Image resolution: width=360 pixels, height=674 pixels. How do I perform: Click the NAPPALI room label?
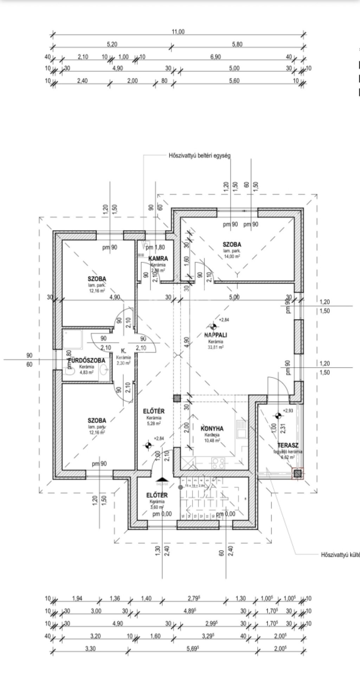pyautogui.click(x=216, y=335)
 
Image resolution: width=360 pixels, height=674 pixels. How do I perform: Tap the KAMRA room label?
pyautogui.click(x=158, y=258)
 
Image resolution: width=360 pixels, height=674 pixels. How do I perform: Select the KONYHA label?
pyautogui.click(x=212, y=429)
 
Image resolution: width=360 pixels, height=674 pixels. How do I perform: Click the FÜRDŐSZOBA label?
pyautogui.click(x=86, y=361)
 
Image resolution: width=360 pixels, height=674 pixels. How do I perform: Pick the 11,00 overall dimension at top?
pyautogui.click(x=178, y=32)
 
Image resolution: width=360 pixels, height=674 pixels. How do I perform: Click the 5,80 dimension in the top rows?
pyautogui.click(x=237, y=44)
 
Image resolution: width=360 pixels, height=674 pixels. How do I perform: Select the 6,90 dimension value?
pyautogui.click(x=216, y=57)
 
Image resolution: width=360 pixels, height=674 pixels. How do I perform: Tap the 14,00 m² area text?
pyautogui.click(x=232, y=257)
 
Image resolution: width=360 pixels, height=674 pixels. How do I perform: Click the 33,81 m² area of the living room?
pyautogui.click(x=216, y=347)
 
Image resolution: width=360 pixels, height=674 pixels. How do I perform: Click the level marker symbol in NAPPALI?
pyautogui.click(x=213, y=327)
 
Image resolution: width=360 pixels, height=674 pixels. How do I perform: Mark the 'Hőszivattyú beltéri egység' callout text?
pyautogui.click(x=198, y=155)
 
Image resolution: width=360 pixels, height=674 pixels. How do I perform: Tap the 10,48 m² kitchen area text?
pyautogui.click(x=212, y=440)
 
